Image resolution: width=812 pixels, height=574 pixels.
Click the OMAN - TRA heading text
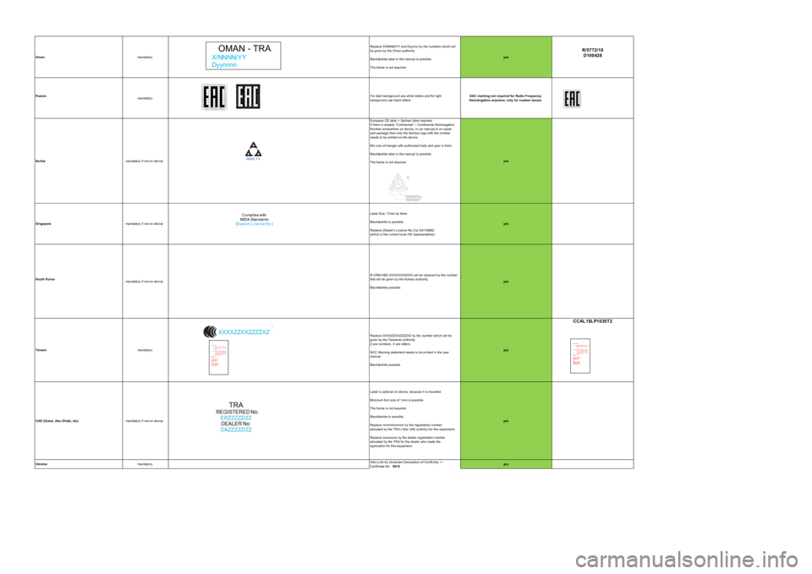click(x=244, y=49)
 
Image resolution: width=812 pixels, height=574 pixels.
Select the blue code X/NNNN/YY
click(x=229, y=57)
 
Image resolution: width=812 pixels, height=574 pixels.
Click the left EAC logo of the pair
click(x=215, y=96)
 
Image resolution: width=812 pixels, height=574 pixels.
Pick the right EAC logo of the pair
click(x=249, y=96)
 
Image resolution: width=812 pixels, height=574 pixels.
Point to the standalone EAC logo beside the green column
click(x=572, y=98)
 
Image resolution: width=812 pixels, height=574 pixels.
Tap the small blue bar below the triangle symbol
click(x=255, y=223)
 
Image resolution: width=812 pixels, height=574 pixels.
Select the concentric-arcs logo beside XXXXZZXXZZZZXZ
click(x=209, y=331)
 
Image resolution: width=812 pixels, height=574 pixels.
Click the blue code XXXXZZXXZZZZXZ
click(x=244, y=332)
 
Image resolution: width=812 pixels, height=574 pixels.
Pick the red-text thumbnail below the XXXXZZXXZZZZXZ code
click(x=218, y=358)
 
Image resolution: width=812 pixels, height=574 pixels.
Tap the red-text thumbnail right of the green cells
click(x=580, y=356)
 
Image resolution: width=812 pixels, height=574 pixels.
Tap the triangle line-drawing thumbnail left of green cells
click(x=404, y=187)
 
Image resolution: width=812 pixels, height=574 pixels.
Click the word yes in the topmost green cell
click(x=506, y=57)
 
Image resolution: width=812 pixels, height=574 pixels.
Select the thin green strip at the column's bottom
click(x=506, y=464)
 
